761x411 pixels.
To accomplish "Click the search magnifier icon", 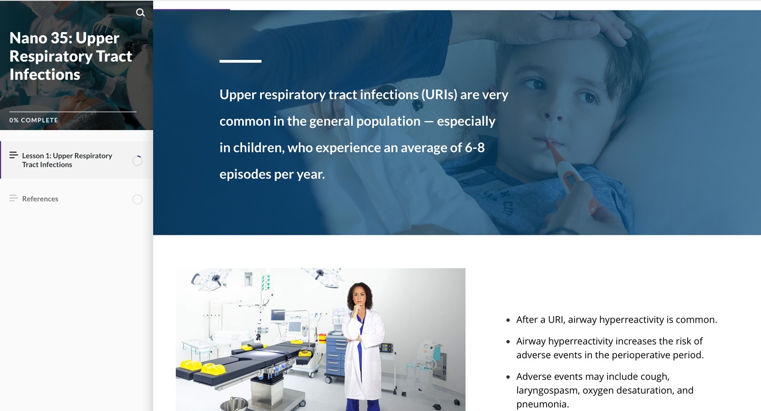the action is [140, 13].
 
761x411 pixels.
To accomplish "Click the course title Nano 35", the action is [71, 56].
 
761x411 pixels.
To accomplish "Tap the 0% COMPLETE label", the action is [34, 120].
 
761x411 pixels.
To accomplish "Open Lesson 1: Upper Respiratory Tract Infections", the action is [67, 160].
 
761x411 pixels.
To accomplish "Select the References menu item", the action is [40, 198].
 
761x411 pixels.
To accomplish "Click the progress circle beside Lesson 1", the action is [137, 161].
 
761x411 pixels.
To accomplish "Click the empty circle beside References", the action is [137, 199].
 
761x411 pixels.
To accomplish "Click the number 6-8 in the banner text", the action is [475, 148].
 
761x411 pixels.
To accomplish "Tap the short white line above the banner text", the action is [240, 61].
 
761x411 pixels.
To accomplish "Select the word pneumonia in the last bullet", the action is [541, 404].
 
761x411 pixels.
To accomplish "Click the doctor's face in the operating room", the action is [360, 297].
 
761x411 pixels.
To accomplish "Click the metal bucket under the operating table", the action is [234, 404].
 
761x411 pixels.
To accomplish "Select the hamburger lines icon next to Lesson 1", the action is [14, 155].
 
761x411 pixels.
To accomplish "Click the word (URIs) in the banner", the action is [439, 94].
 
